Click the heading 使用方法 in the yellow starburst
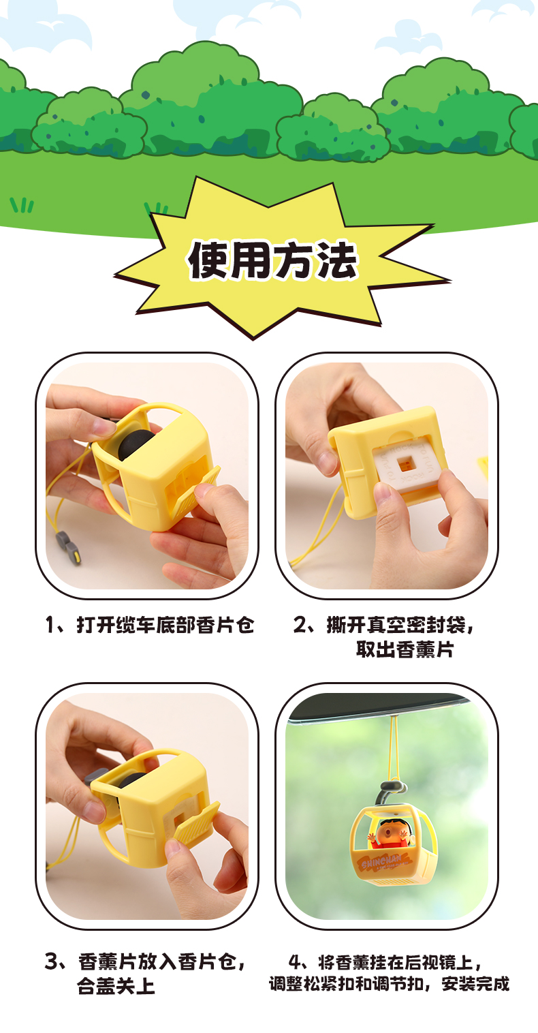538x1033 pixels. pos(272,260)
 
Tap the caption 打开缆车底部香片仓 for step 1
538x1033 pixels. pos(165,625)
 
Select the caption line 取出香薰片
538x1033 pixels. pos(405,649)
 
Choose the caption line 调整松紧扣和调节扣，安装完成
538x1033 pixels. pos(389,984)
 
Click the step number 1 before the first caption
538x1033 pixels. pos(50,626)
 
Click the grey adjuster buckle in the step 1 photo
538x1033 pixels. pos(69,546)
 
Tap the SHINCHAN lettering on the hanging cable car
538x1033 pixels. pos(381,861)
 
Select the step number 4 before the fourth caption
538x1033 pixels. pos(295,963)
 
